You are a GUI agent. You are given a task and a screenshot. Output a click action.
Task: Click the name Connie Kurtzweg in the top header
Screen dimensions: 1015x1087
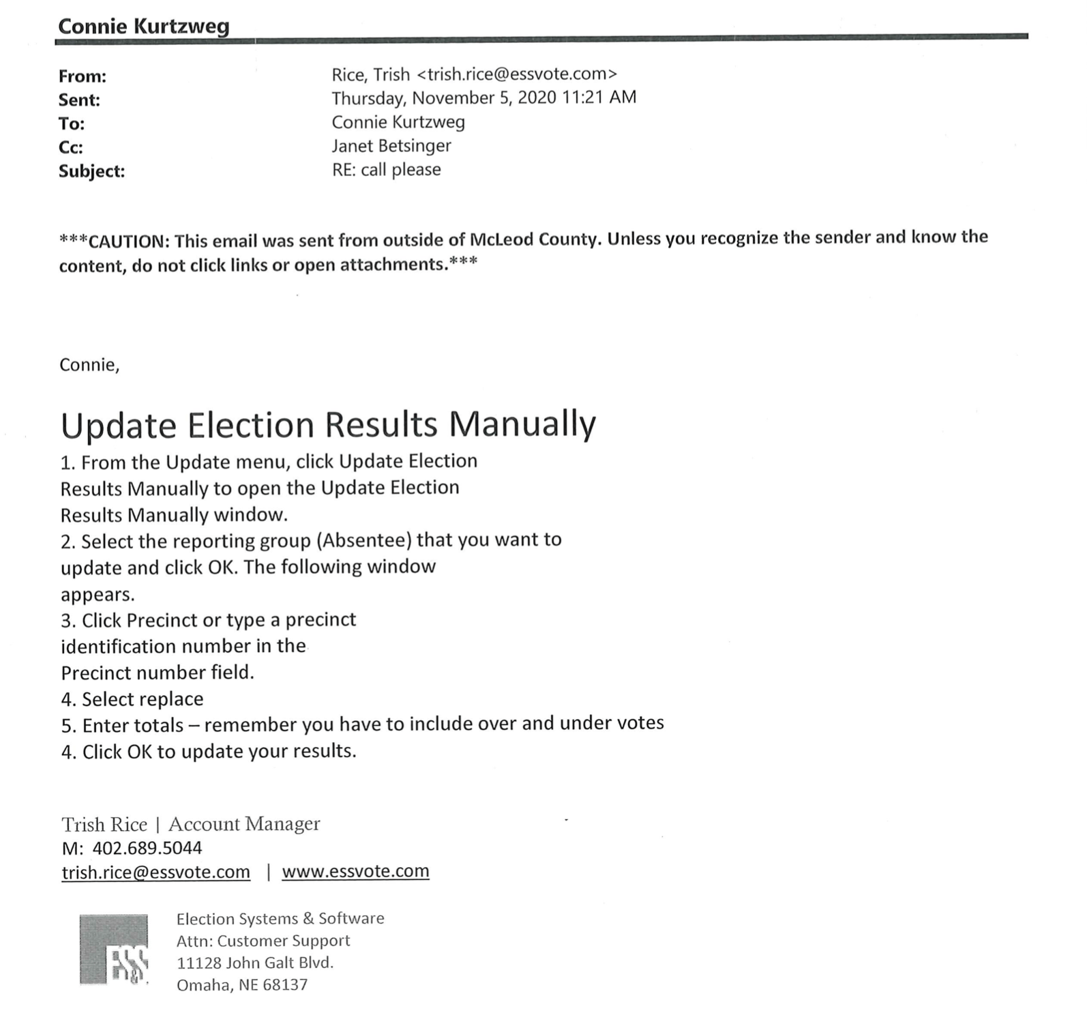pyautogui.click(x=143, y=26)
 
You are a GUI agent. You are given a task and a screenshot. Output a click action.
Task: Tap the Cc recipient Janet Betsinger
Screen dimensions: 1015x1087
pyautogui.click(x=391, y=146)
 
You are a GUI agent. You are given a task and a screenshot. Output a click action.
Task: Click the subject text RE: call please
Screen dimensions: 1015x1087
pyautogui.click(x=386, y=170)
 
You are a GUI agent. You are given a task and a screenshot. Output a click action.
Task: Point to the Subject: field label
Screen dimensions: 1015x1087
pyautogui.click(x=91, y=171)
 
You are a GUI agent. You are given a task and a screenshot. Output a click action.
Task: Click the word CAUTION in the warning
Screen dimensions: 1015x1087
pyautogui.click(x=126, y=241)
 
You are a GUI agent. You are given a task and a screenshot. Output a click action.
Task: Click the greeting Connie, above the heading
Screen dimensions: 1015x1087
pyautogui.click(x=89, y=365)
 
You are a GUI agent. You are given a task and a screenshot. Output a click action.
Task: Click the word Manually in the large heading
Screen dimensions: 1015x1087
pyautogui.click(x=522, y=424)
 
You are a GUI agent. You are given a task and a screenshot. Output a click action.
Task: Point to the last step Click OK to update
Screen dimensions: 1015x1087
pyautogui.click(x=218, y=752)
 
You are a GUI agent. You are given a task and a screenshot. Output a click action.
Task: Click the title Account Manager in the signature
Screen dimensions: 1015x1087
pyautogui.click(x=244, y=824)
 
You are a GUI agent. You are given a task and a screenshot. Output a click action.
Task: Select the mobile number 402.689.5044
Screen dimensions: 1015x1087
pyautogui.click(x=147, y=848)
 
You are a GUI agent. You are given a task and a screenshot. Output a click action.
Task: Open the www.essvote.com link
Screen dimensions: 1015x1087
pyautogui.click(x=355, y=872)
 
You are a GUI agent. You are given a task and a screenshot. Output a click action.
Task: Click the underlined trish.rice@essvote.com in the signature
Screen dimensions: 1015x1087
pyautogui.click(x=155, y=872)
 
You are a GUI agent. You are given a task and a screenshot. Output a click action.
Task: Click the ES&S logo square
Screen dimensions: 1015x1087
pyautogui.click(x=114, y=950)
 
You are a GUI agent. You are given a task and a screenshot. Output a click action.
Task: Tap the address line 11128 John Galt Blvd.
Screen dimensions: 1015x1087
pyautogui.click(x=254, y=962)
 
